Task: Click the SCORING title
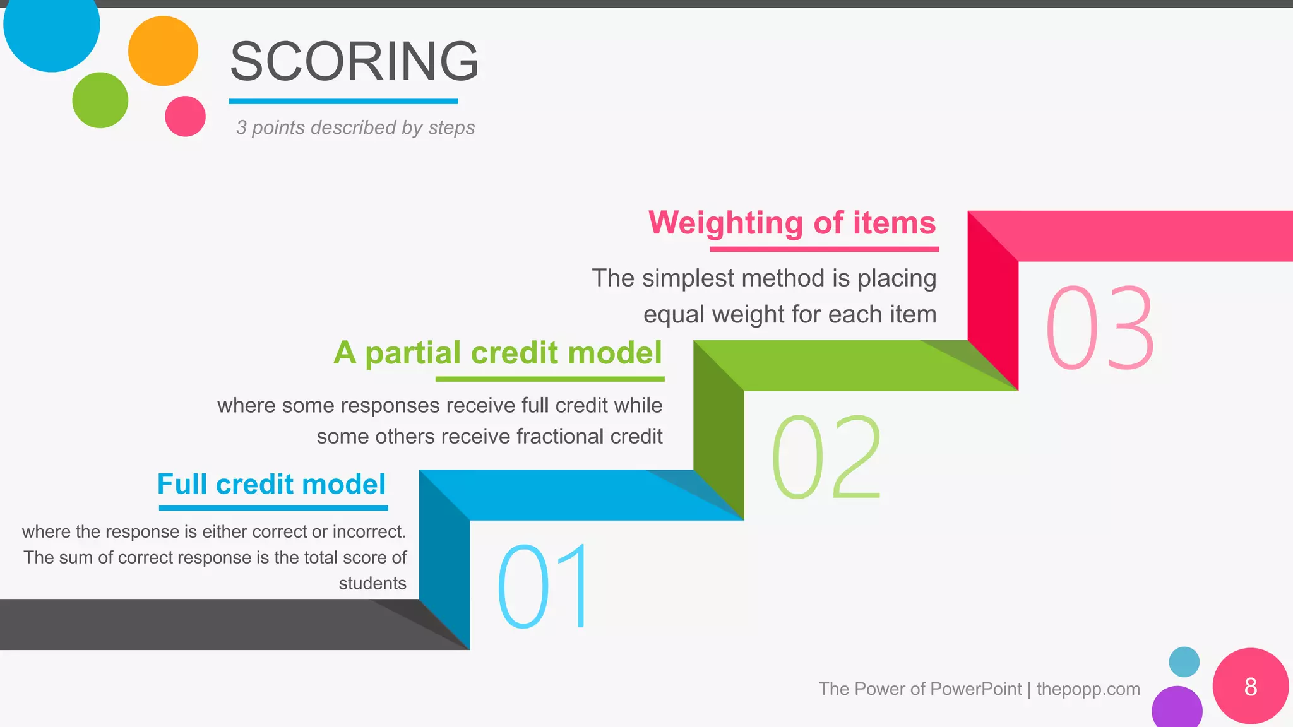coord(354,61)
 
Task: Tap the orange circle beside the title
coord(163,51)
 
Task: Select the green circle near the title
coord(100,100)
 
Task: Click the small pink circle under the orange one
coord(185,116)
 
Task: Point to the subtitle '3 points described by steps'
coord(355,127)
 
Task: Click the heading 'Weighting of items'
coord(792,223)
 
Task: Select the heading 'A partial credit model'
coord(498,352)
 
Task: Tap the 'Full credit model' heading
coord(271,484)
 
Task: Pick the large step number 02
coord(826,457)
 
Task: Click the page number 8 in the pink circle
coord(1250,687)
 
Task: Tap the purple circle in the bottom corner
coord(1177,709)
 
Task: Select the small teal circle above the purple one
coord(1184,662)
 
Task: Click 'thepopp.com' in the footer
coord(1088,689)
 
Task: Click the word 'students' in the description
coord(372,583)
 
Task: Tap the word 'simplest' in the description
coord(688,278)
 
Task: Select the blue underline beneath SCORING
coord(343,101)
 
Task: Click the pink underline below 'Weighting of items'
coord(824,249)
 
